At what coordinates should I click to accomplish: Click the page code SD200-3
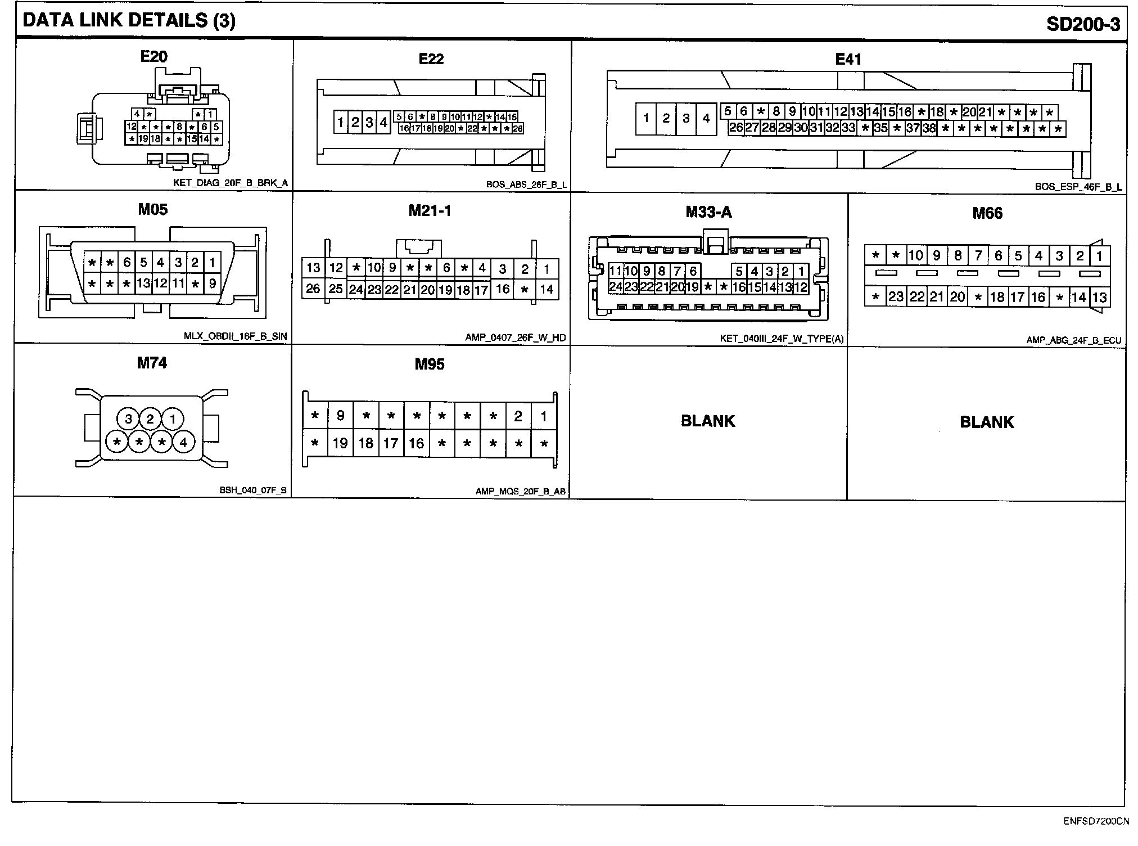tap(1082, 24)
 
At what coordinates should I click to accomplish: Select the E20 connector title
tap(153, 56)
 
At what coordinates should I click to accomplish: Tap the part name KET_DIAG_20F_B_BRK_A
tap(231, 183)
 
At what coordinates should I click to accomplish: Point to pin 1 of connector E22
tap(341, 122)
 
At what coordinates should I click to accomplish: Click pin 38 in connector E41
tap(929, 128)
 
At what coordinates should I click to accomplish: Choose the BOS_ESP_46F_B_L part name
tap(1078, 187)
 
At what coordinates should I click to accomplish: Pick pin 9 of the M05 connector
tap(212, 283)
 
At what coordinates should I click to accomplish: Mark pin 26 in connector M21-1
tap(313, 289)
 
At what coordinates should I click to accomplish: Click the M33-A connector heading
tap(708, 212)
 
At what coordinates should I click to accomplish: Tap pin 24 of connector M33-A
tap(616, 287)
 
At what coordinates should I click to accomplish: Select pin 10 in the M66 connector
tap(916, 256)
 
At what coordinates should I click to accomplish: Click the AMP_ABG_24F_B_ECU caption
tap(1074, 340)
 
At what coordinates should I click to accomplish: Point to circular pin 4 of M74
tap(183, 443)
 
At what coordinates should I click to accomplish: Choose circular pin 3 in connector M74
tap(129, 419)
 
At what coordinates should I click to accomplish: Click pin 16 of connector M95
tap(416, 444)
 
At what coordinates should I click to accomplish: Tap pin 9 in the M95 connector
tap(340, 416)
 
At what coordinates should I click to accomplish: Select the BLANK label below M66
tap(987, 422)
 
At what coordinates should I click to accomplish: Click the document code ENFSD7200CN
tap(1096, 822)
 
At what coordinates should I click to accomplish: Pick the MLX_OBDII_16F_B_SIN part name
tap(235, 336)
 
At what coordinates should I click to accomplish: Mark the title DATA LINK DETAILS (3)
tap(129, 21)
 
